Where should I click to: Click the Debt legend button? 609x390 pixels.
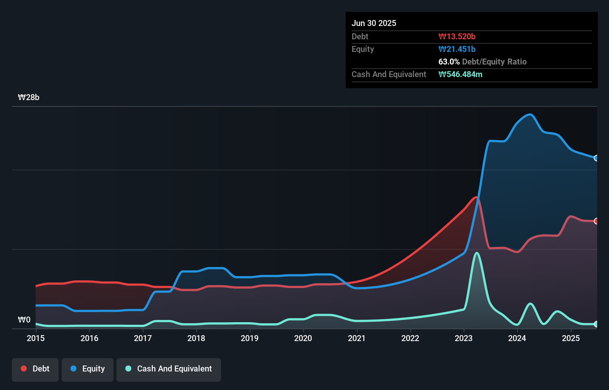click(35, 369)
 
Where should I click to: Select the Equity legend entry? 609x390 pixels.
click(88, 369)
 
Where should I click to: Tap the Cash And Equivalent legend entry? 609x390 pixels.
click(169, 369)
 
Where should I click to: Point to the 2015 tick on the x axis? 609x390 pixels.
click(36, 338)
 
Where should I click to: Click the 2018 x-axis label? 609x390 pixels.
click(196, 338)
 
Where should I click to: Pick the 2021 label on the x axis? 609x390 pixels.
click(357, 338)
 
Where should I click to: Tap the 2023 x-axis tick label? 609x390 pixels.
click(464, 338)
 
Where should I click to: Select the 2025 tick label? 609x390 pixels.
click(571, 338)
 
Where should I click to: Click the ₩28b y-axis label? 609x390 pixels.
click(29, 97)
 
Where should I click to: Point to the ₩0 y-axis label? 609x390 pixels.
click(24, 320)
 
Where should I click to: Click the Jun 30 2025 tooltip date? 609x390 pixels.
click(374, 23)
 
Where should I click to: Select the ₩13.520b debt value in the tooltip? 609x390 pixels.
click(457, 36)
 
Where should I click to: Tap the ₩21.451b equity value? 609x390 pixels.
click(457, 49)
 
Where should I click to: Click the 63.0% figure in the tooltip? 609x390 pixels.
click(449, 62)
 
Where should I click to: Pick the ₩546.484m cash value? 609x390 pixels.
click(460, 74)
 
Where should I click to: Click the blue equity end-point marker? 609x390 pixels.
click(596, 158)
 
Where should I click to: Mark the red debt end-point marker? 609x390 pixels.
click(596, 221)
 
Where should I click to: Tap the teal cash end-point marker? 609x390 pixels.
click(596, 324)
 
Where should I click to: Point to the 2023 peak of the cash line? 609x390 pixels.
click(477, 253)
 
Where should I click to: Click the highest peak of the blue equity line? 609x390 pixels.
click(531, 115)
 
